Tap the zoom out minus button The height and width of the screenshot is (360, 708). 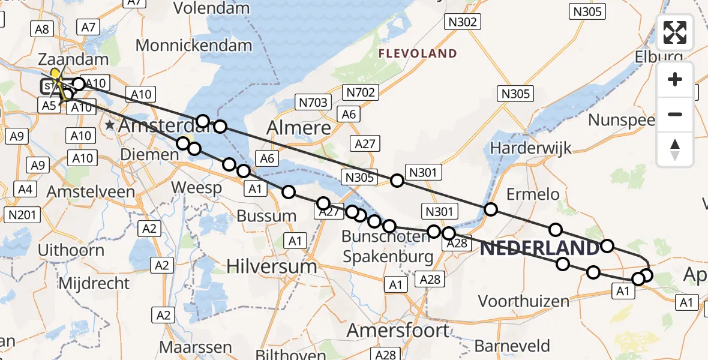(675, 114)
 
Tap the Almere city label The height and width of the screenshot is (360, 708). (298, 128)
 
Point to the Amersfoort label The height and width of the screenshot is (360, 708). (398, 331)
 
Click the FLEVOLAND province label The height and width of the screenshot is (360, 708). (418, 54)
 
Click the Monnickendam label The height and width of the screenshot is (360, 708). (193, 45)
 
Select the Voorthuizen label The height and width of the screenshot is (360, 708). (523, 301)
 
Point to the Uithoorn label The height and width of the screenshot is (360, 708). (71, 250)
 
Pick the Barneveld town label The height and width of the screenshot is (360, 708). (512, 346)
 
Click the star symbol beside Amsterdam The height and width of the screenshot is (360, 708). (110, 125)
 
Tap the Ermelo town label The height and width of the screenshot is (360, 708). (533, 194)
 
